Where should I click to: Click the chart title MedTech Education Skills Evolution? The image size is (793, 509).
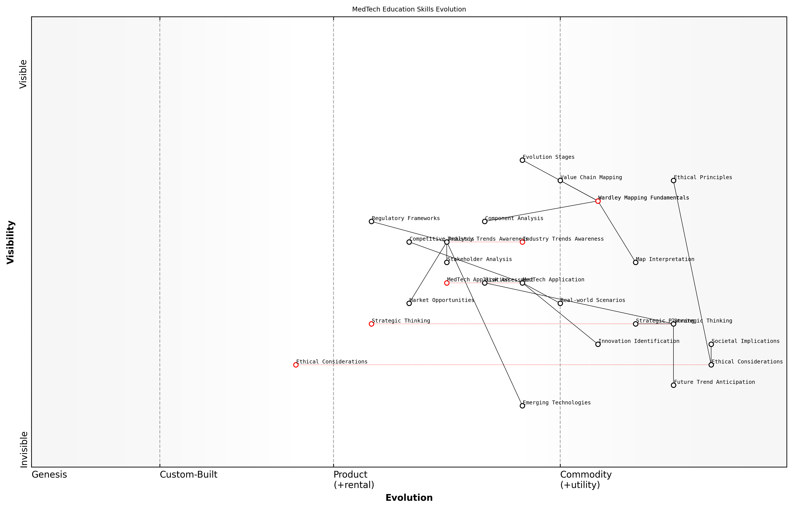409,9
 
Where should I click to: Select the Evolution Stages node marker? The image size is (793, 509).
522,160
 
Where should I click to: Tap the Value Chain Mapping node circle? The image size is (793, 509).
560,180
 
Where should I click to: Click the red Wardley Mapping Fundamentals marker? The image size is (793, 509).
598,201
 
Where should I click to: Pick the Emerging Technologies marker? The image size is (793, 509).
522,405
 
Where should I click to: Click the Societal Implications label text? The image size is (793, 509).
745,341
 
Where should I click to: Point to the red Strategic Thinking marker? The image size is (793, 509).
371,324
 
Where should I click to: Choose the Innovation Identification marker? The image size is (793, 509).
598,344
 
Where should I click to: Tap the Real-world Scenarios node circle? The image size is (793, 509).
560,303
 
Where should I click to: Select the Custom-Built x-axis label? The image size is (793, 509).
188,475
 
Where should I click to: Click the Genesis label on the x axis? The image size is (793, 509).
49,475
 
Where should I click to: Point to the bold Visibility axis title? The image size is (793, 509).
11,242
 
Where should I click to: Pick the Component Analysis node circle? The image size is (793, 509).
484,221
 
